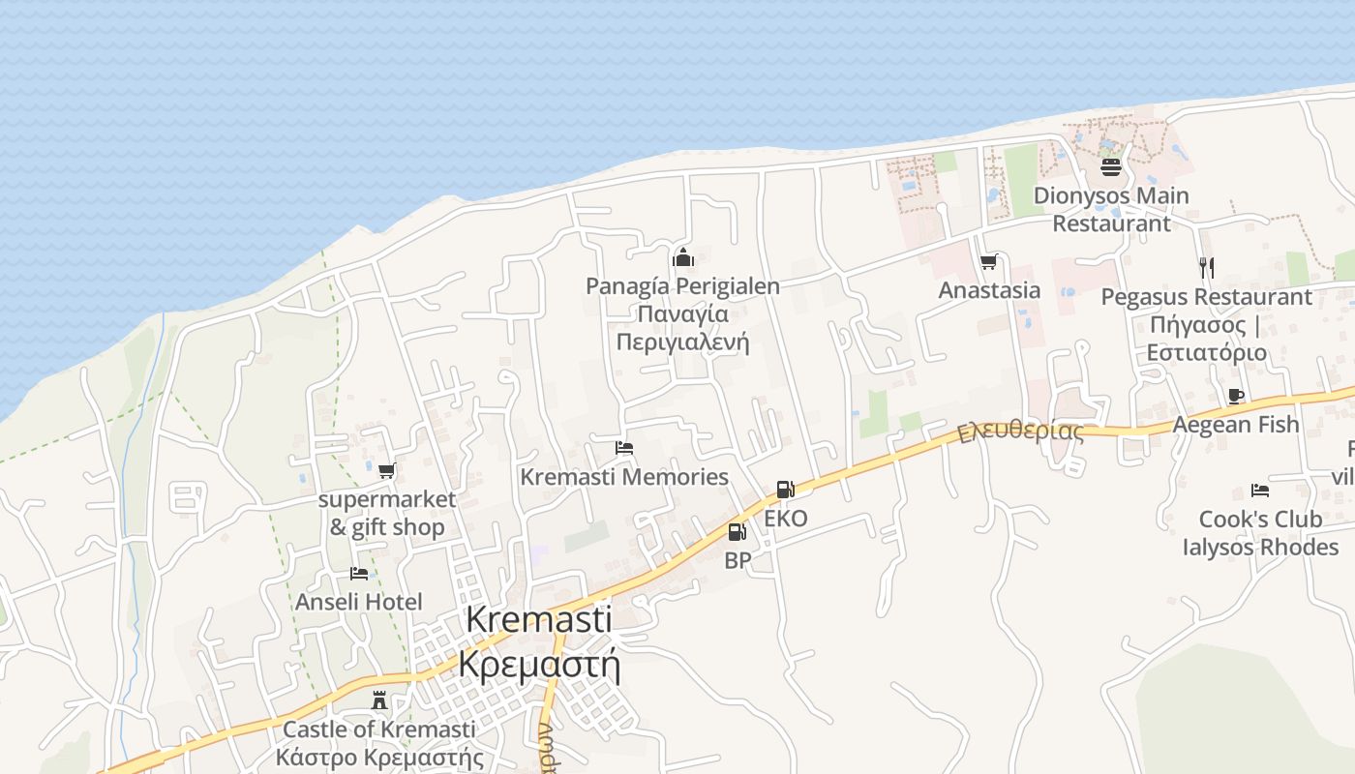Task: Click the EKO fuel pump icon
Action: click(x=785, y=490)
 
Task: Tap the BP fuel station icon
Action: click(x=737, y=531)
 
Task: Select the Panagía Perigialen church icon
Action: click(x=683, y=257)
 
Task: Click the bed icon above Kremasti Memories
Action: click(x=624, y=448)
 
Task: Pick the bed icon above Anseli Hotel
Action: click(x=359, y=573)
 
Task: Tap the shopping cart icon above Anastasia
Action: click(x=988, y=261)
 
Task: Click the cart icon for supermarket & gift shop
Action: click(x=387, y=471)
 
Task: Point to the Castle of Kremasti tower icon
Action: click(x=379, y=700)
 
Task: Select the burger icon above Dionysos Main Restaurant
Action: click(x=1110, y=167)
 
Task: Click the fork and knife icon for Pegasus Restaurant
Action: click(x=1206, y=267)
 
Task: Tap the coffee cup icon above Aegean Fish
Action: click(x=1235, y=396)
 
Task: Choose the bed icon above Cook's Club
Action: click(x=1259, y=491)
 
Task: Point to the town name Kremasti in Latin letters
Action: click(x=539, y=620)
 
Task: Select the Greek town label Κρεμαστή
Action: click(x=539, y=665)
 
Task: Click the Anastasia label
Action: click(x=989, y=290)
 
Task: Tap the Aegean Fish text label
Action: click(x=1236, y=424)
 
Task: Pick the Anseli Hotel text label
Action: click(x=359, y=602)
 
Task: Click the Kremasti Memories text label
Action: click(x=624, y=477)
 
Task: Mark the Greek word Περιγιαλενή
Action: click(x=682, y=342)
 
